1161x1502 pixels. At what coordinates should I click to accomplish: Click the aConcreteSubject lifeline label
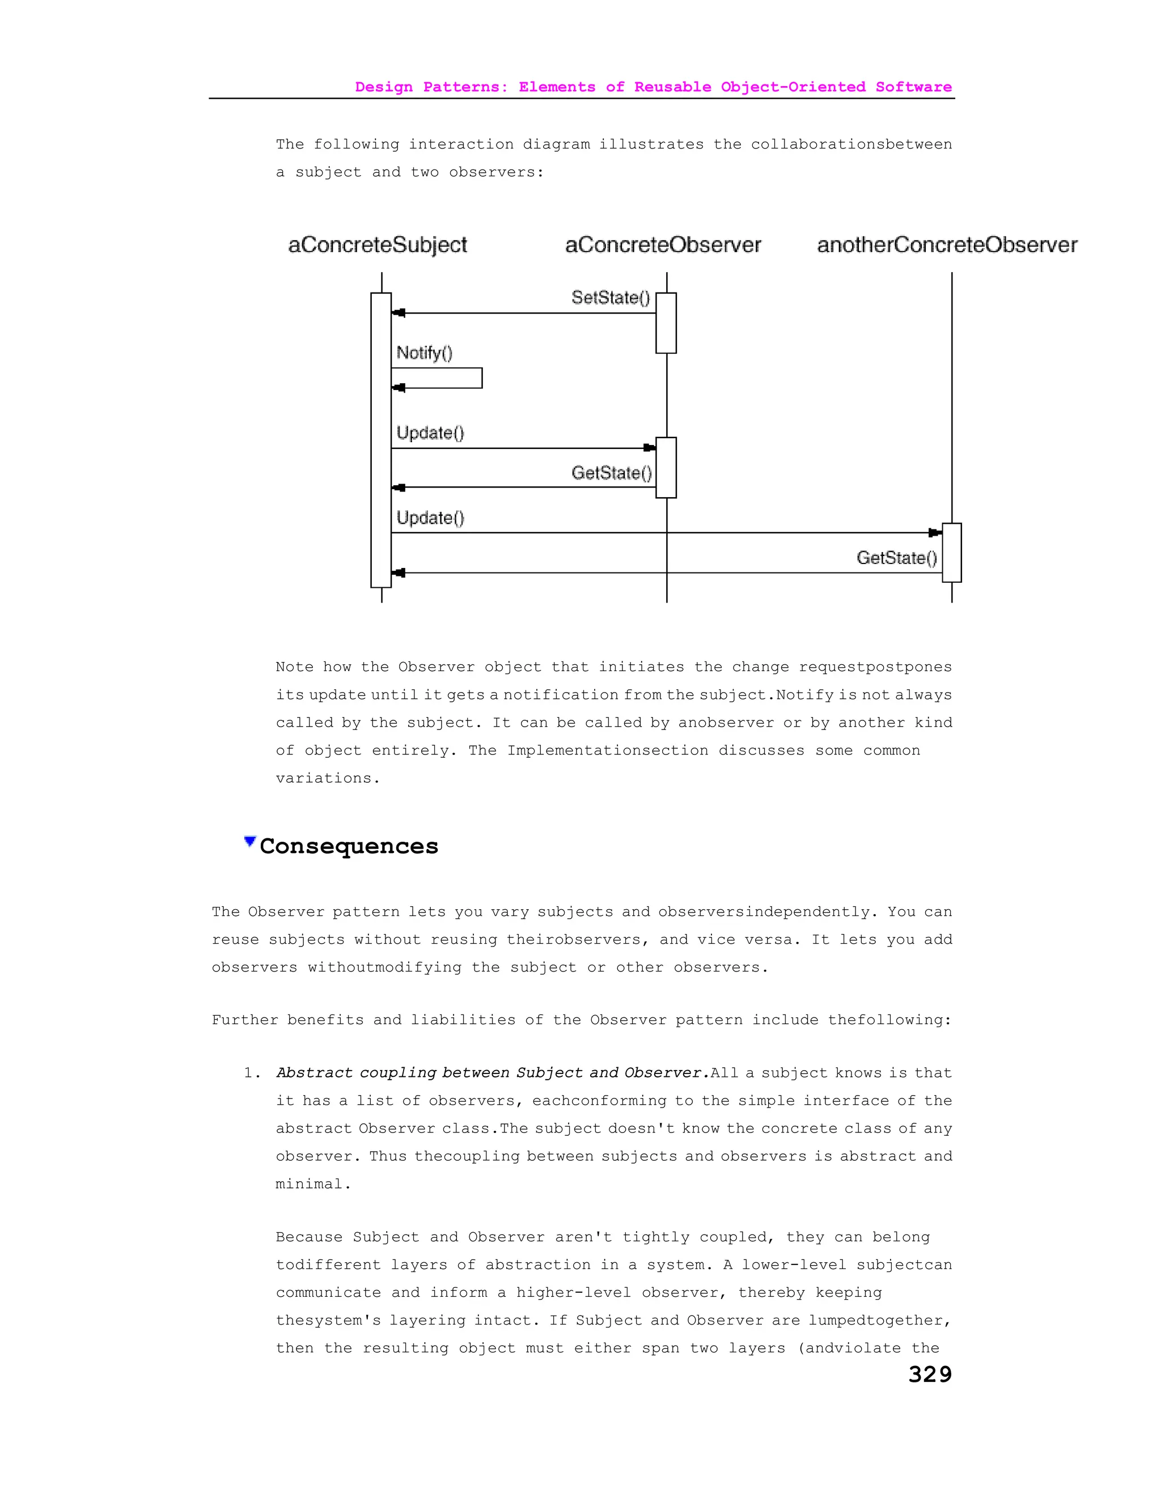(x=377, y=245)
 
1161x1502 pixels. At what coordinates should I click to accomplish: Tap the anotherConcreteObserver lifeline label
(x=946, y=245)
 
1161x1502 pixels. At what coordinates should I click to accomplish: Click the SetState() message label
(x=610, y=298)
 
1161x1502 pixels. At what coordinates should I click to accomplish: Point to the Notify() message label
(x=425, y=353)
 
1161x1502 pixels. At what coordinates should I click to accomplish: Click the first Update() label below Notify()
(x=430, y=432)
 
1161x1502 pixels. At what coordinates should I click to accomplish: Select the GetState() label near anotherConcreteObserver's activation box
(x=896, y=558)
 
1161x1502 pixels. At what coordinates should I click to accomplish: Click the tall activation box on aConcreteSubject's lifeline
(x=380, y=440)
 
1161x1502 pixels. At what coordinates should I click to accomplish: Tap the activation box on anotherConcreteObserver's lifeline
(x=951, y=552)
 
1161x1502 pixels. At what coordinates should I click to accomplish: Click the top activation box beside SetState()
(x=666, y=323)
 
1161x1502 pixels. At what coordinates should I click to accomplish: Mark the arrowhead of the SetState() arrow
(x=399, y=313)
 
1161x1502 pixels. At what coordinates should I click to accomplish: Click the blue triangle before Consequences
(x=249, y=842)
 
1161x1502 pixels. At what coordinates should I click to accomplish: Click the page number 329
(x=930, y=1374)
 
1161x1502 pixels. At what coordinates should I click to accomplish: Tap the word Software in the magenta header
(x=913, y=87)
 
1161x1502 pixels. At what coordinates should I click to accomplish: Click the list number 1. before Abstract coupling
(x=252, y=1073)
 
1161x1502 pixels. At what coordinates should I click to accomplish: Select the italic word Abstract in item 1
(x=313, y=1073)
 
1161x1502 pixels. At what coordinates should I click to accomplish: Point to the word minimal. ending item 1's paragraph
(x=313, y=1184)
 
